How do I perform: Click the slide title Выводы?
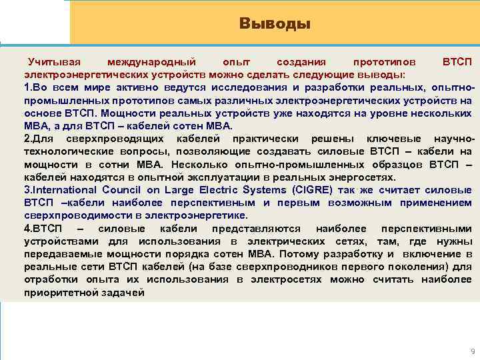point(275,25)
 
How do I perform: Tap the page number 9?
point(471,351)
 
